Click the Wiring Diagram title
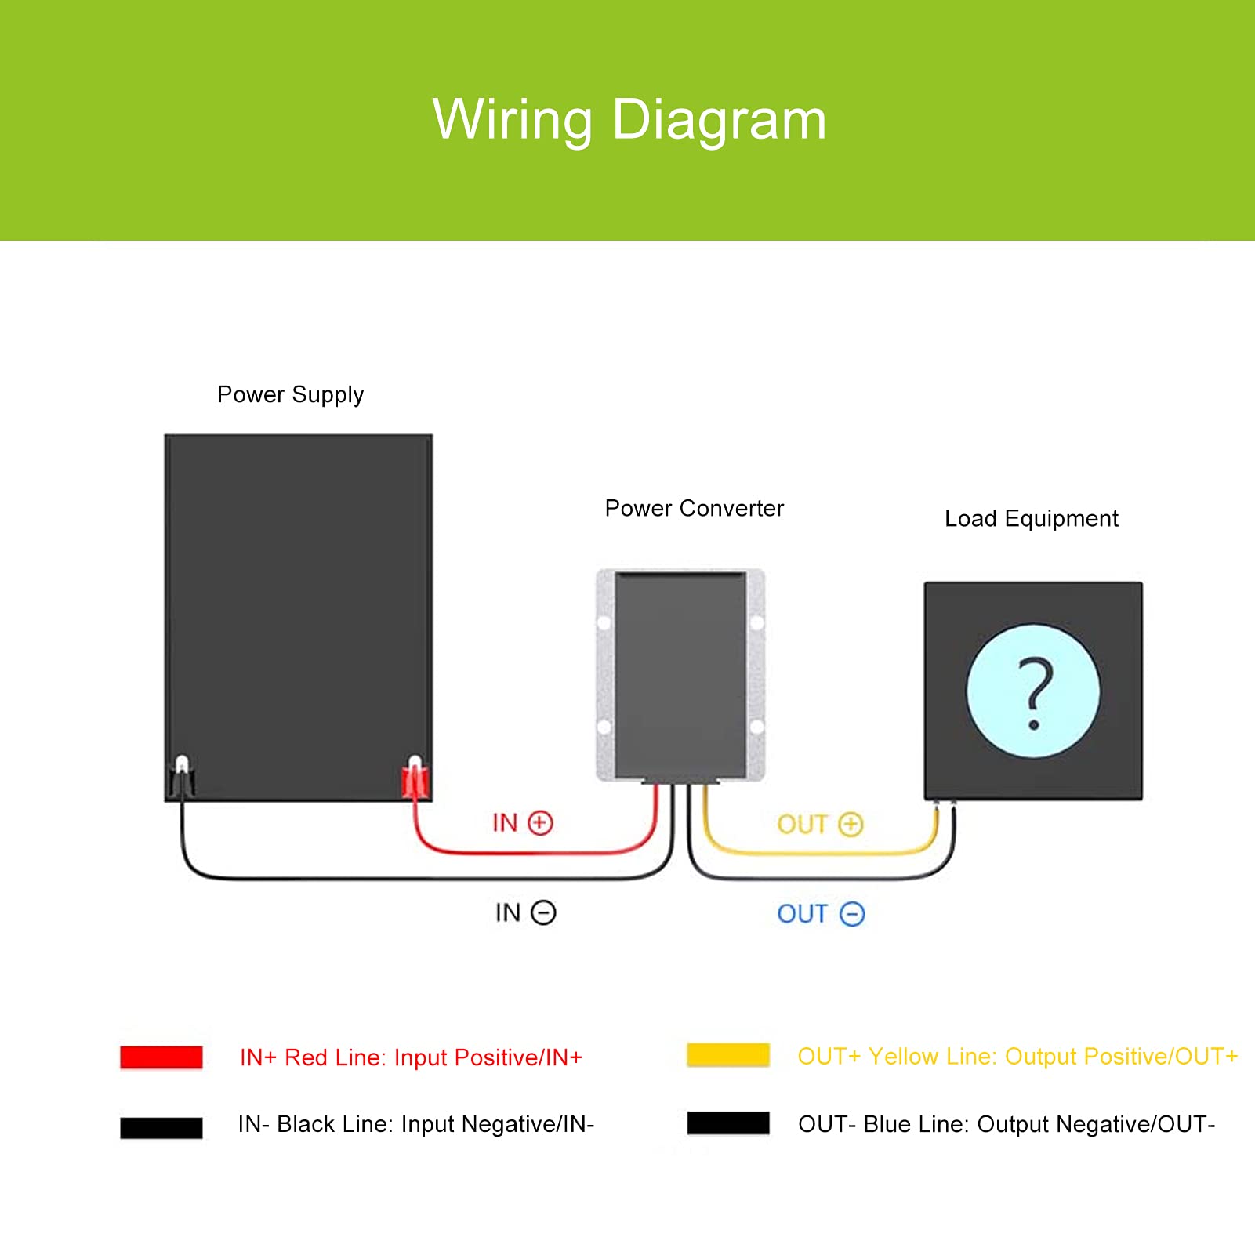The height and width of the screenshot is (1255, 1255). [629, 120]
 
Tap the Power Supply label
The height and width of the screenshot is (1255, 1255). [290, 394]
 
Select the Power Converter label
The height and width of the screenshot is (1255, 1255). [694, 509]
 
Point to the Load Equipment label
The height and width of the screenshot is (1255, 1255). [1031, 519]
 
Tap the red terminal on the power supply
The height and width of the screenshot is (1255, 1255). [415, 779]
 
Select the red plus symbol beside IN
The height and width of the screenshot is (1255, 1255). [540, 823]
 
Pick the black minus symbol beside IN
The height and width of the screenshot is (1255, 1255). [543, 913]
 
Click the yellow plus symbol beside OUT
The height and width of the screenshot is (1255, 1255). [851, 825]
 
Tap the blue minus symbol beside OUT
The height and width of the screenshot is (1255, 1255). [852, 915]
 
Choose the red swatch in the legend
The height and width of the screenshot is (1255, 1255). [161, 1057]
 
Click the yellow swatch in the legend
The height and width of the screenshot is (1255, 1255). [728, 1055]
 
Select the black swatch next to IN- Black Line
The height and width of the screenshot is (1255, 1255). [161, 1127]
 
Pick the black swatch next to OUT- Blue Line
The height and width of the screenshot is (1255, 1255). [728, 1123]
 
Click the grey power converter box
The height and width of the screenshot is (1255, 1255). [680, 674]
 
